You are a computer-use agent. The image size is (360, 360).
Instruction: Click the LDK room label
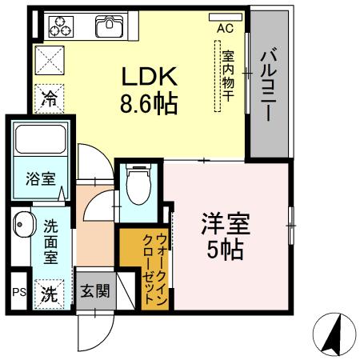coord(149,76)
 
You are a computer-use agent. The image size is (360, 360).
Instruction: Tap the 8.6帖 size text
coord(149,103)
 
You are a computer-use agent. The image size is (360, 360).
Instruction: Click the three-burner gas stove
coord(59,26)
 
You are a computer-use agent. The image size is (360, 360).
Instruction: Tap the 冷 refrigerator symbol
coord(49,102)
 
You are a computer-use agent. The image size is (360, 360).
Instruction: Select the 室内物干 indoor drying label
coord(228,75)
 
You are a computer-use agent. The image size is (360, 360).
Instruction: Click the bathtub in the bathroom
coord(39,142)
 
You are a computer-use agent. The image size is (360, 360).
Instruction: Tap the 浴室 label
coord(40,178)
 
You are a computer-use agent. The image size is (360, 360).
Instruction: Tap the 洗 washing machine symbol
coord(49,293)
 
